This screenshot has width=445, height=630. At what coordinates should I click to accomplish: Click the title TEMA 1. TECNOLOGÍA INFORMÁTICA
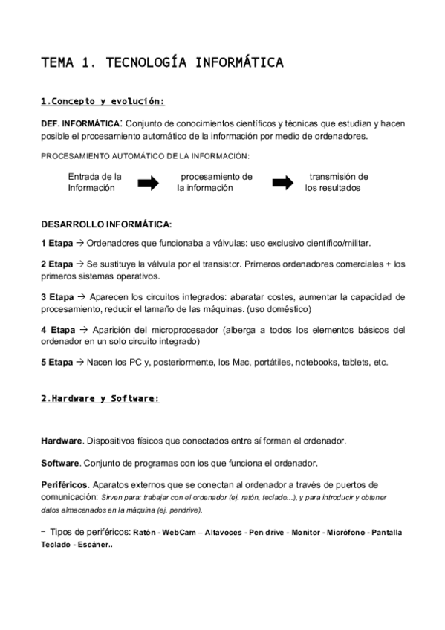[x=162, y=62]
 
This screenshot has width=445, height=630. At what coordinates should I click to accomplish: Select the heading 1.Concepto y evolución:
[x=103, y=102]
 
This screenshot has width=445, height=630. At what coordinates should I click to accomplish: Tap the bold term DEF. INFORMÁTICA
[x=79, y=123]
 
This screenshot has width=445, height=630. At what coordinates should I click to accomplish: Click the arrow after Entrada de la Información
[x=149, y=183]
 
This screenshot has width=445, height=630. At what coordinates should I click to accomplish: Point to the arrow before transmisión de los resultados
[x=283, y=183]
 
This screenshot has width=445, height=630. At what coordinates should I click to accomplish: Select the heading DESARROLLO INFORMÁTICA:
[x=106, y=224]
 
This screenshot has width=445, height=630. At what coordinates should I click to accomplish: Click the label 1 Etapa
[x=57, y=243]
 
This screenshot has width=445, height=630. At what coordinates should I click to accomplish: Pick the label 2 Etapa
[x=57, y=264]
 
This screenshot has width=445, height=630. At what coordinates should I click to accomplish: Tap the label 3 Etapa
[x=57, y=296]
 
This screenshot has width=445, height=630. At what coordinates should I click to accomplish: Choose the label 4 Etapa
[x=57, y=329]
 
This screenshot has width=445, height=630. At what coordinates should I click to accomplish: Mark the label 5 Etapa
[x=57, y=362]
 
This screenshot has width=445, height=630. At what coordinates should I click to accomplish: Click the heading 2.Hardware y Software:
[x=100, y=399]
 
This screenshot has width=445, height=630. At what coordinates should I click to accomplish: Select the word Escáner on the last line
[x=94, y=544]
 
